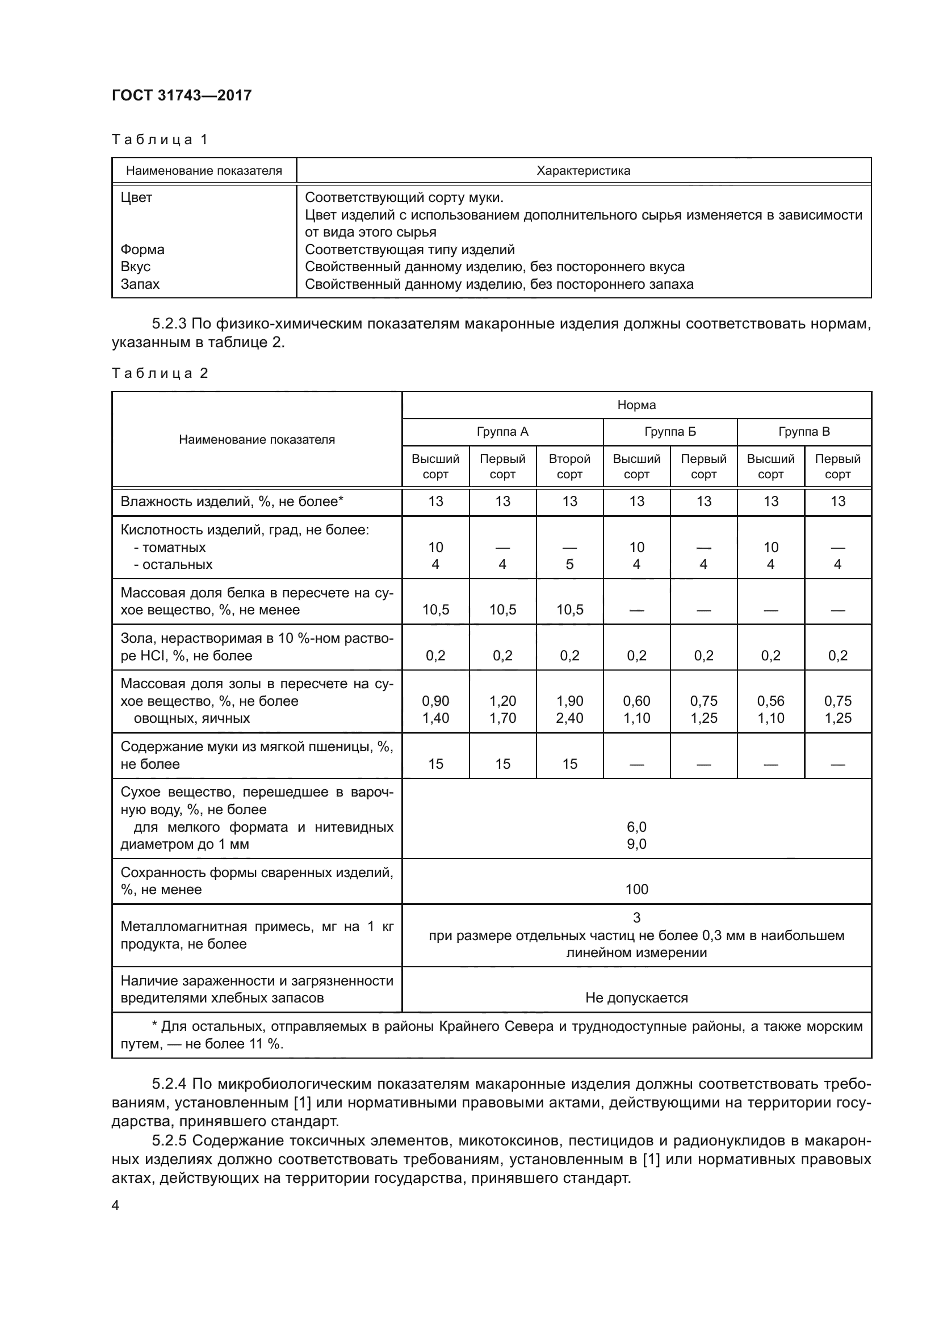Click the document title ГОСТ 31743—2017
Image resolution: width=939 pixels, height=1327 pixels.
(x=182, y=95)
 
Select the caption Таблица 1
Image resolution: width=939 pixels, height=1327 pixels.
(x=159, y=140)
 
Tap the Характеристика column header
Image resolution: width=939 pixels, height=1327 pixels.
(x=583, y=171)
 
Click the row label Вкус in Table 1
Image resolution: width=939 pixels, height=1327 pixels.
(x=135, y=267)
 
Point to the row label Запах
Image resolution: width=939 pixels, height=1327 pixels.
(x=140, y=284)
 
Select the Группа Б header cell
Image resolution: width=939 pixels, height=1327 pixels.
(x=669, y=432)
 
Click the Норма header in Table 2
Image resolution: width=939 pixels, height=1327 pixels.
(x=636, y=405)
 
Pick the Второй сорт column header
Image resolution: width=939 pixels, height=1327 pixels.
(x=569, y=466)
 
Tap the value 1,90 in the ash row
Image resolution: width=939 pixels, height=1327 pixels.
(x=569, y=701)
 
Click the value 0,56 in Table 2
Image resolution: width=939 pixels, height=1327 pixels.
(x=770, y=701)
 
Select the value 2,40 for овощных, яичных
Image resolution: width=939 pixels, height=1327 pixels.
(x=569, y=718)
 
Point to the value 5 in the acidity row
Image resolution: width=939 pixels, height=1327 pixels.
(x=569, y=564)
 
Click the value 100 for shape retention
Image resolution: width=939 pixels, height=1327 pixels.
(x=636, y=889)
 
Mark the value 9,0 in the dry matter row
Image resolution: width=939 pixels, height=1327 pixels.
(x=636, y=844)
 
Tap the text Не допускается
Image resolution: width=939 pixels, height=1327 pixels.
(x=636, y=997)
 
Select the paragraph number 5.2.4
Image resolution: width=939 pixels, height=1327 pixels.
(x=169, y=1083)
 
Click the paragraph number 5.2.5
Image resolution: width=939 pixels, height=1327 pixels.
(x=169, y=1140)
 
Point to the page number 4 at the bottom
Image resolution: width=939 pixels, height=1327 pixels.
(x=115, y=1205)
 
